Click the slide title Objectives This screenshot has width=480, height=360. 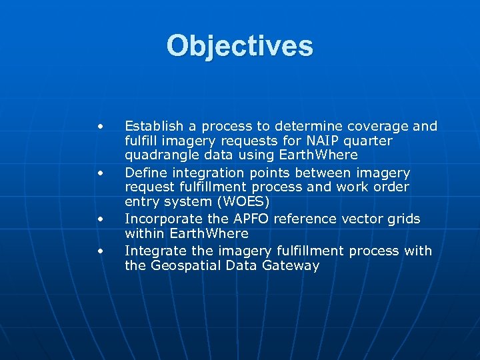click(x=239, y=46)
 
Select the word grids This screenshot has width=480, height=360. click(x=405, y=219)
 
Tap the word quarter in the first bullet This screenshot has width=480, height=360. click(x=369, y=141)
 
